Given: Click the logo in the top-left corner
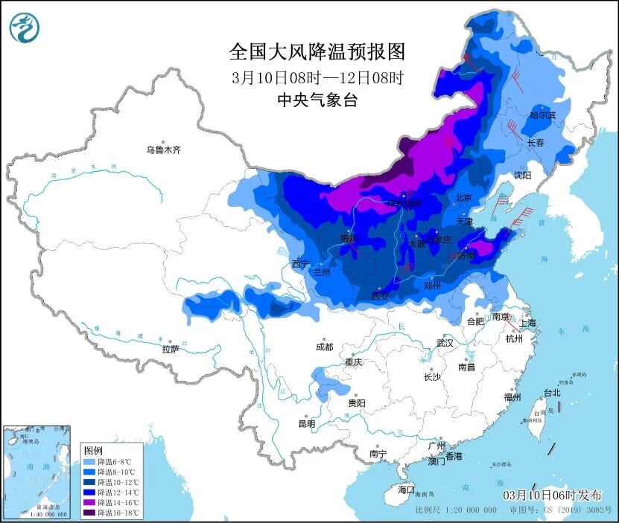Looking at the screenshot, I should coord(24,28).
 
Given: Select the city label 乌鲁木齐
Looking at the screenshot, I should coord(163,150).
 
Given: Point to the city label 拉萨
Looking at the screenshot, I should coord(171,349).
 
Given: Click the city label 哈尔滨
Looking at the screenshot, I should coord(542,115).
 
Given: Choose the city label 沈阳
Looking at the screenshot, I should coord(522,176).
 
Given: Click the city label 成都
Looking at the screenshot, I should coord(324,347).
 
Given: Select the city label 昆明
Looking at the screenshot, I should coord(306,424).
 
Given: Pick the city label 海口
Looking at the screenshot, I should coord(405,490).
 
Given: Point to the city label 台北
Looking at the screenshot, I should coord(551,393).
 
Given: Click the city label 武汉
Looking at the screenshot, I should coord(445,343).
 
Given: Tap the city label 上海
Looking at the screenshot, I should coord(527,323).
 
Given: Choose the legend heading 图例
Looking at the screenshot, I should coord(93,450).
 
